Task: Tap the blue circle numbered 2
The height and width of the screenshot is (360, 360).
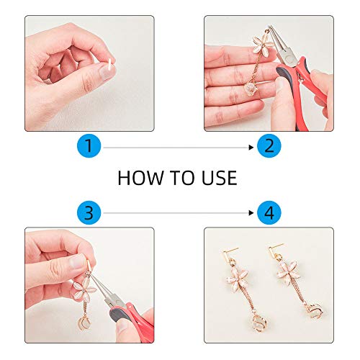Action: [x=269, y=147]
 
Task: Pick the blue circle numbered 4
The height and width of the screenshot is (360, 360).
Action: [x=269, y=212]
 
